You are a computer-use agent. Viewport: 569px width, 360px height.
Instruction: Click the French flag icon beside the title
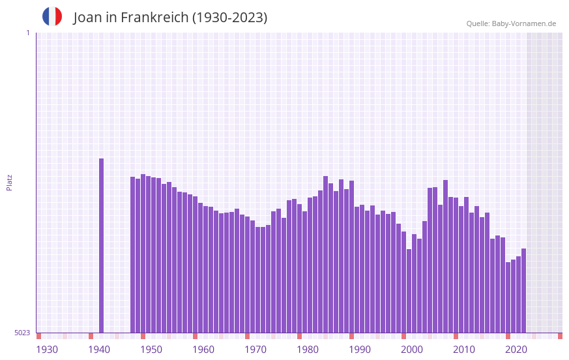pos(52,16)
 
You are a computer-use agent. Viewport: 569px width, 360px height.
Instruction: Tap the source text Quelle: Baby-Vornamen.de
pos(511,23)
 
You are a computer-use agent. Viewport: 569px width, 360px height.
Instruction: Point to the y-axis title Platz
pos(9,182)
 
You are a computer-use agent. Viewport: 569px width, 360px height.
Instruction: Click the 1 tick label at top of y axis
pos(27,33)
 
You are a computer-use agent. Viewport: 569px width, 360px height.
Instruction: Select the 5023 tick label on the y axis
pos(22,333)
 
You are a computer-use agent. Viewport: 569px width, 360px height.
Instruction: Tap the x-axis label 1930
pos(47,350)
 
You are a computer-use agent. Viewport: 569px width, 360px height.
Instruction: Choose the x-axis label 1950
pos(151,350)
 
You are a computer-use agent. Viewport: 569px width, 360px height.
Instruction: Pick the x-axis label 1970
pos(255,350)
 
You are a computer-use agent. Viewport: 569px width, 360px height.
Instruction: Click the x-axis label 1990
pos(360,350)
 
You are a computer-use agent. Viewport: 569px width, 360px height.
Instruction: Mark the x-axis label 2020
pos(516,350)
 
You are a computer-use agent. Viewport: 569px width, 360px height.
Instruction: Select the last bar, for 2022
pos(523,290)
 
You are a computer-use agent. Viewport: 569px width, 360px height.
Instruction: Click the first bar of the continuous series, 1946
pos(133,254)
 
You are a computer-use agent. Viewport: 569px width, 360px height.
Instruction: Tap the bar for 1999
pos(409,291)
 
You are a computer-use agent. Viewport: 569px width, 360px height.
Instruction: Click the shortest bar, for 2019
pos(508,297)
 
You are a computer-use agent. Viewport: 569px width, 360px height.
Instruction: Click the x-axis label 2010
pos(464,350)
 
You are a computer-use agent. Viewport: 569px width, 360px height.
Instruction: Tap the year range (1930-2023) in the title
pos(229,18)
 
